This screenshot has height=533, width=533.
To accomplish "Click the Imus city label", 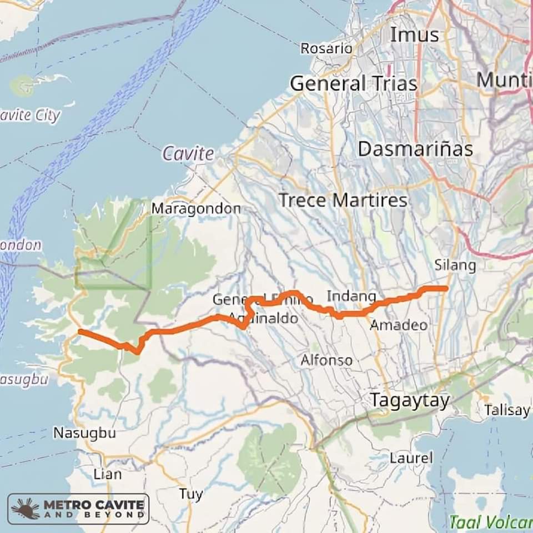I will click(414, 34).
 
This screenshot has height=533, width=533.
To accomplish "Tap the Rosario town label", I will click(326, 49).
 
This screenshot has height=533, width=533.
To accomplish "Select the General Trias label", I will click(354, 84).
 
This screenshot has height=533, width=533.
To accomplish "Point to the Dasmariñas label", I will click(415, 149).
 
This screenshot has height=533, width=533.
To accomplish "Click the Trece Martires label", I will click(343, 200).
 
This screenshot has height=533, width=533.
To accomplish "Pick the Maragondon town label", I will click(196, 209).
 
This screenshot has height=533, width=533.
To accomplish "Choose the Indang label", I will click(351, 296).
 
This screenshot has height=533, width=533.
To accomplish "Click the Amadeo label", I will click(399, 325).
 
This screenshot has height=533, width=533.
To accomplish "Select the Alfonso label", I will click(326, 360).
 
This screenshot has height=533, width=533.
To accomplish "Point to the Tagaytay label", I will click(410, 400).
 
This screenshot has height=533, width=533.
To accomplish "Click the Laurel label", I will click(411, 458).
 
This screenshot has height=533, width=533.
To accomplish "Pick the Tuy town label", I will click(190, 494).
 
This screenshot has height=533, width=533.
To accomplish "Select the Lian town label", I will click(107, 474).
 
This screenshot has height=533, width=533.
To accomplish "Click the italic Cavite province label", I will click(188, 154).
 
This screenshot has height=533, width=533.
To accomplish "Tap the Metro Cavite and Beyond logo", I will click(78, 509).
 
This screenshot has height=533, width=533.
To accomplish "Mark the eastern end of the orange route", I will click(446, 288).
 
